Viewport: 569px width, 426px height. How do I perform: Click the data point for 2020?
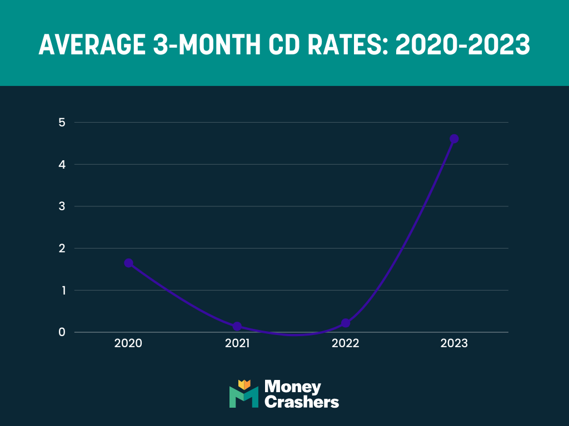[128, 263]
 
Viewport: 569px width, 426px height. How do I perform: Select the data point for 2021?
[237, 326]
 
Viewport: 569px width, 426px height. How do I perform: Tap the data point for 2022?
[346, 323]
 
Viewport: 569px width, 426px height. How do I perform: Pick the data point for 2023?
[454, 139]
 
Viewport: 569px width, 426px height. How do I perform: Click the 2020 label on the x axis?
[128, 343]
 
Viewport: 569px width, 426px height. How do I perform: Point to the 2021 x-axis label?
[237, 343]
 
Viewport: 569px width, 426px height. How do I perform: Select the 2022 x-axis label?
[346, 343]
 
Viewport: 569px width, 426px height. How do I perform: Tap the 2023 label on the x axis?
[454, 343]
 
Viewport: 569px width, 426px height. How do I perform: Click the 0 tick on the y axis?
[62, 332]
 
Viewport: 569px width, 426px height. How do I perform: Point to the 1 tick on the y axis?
[62, 290]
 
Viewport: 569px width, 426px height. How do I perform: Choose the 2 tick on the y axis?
[62, 248]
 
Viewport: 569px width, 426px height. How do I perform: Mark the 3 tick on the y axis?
[62, 206]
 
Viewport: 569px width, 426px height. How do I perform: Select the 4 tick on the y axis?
[62, 164]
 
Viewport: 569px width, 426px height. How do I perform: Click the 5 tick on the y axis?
[62, 122]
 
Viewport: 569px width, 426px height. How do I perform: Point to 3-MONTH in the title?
[209, 45]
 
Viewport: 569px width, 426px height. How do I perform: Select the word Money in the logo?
[293, 387]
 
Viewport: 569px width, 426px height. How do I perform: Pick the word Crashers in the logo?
[302, 402]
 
